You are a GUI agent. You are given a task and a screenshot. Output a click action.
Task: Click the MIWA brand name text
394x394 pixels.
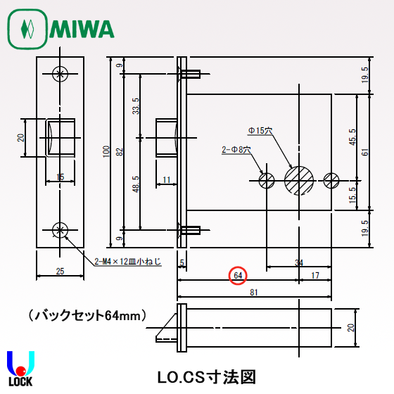[x=82, y=29]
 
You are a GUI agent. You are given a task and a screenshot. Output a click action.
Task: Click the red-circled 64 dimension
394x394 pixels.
[x=239, y=275]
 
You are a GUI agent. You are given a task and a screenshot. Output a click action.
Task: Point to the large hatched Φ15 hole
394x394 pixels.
[x=299, y=180]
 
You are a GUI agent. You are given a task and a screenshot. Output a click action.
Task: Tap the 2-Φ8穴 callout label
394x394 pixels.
[x=236, y=150]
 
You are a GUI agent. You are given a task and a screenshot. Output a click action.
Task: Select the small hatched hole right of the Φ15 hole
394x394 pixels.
[x=331, y=180]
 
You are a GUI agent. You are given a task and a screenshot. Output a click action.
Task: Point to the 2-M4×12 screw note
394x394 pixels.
[x=127, y=262]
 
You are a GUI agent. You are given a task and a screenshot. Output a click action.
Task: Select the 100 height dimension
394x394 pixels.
[x=107, y=152]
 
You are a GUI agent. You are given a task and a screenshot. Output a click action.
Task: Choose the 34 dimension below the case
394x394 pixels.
[x=299, y=262]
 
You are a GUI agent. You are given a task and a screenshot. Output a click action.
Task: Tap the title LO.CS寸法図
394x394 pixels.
[x=205, y=376]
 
